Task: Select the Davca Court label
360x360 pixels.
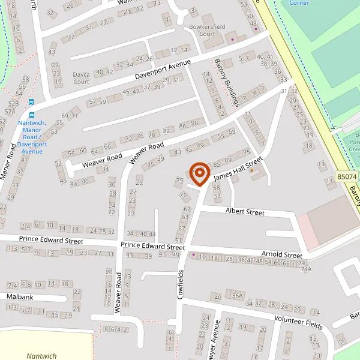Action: pos(81,77)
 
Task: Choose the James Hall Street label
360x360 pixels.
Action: pos(238,169)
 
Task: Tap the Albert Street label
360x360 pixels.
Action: pos(245,212)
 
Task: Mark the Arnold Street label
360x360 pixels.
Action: pos(281,255)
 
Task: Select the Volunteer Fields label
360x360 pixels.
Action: pos(298,323)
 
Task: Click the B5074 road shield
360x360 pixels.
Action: pos(346,177)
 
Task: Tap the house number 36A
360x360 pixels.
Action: pos(238,295)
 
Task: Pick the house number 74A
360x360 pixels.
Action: pos(306,269)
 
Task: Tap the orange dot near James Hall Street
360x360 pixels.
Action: pos(252,170)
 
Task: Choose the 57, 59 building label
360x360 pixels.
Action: pos(97,102)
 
